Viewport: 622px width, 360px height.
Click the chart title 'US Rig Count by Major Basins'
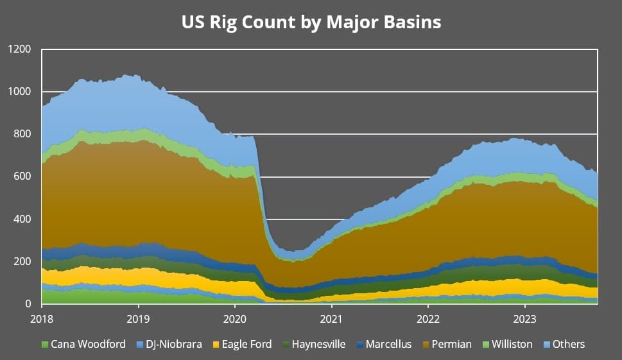point(311,22)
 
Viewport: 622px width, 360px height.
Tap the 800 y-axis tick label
point(22,134)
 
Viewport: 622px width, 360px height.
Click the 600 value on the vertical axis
point(22,176)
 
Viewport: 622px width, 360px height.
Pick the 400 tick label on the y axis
point(22,219)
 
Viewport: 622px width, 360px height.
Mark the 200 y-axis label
point(22,261)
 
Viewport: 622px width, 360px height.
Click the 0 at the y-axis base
point(28,304)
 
